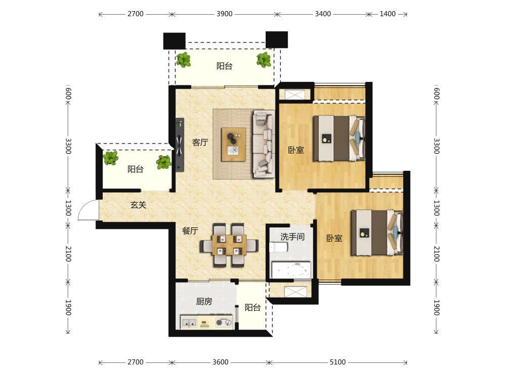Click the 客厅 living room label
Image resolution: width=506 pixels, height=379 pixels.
pos(200,142)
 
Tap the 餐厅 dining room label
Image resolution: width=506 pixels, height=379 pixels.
pos(190,231)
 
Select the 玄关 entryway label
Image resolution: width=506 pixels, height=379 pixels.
pos(139,205)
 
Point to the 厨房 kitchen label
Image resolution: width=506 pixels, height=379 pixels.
pos(204,301)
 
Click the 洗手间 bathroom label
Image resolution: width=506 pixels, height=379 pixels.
pos(292,237)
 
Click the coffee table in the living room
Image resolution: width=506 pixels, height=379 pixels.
pos(234,145)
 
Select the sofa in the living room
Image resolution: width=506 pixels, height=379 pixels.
pos(264,144)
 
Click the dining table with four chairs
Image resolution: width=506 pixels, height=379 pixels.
pos(229,245)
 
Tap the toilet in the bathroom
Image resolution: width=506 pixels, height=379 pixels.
pos(278,248)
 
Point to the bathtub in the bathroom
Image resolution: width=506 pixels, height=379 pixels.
pos(291,270)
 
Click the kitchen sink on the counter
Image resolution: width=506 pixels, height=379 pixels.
pos(189,322)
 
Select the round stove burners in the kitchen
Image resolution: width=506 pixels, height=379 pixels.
pos(224,322)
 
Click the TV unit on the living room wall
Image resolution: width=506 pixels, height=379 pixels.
pos(180,145)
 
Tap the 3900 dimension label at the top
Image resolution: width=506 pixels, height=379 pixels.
pos(224,14)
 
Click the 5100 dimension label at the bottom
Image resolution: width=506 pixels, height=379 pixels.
pos(338,362)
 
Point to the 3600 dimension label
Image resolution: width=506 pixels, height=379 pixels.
pos(221,362)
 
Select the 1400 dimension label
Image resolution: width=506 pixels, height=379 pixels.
pos(388,14)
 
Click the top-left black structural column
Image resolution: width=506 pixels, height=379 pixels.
pos(174,40)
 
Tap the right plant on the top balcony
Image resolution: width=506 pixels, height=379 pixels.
pos(264,60)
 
